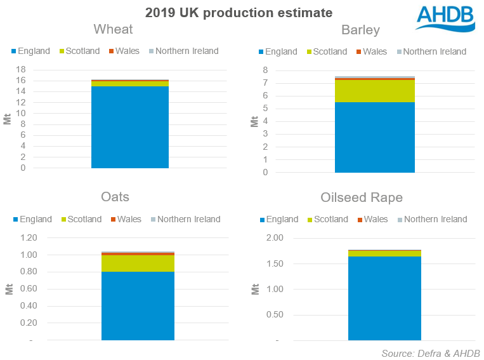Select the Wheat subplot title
click(113, 30)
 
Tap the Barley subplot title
click(360, 30)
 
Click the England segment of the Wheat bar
click(129, 127)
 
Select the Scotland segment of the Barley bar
click(374, 91)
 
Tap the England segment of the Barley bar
click(374, 137)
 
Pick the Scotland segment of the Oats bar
click(138, 263)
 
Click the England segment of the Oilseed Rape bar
click(384, 298)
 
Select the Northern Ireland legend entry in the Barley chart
click(431, 51)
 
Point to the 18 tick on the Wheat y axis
click(21, 69)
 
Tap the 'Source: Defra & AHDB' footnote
click(430, 353)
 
